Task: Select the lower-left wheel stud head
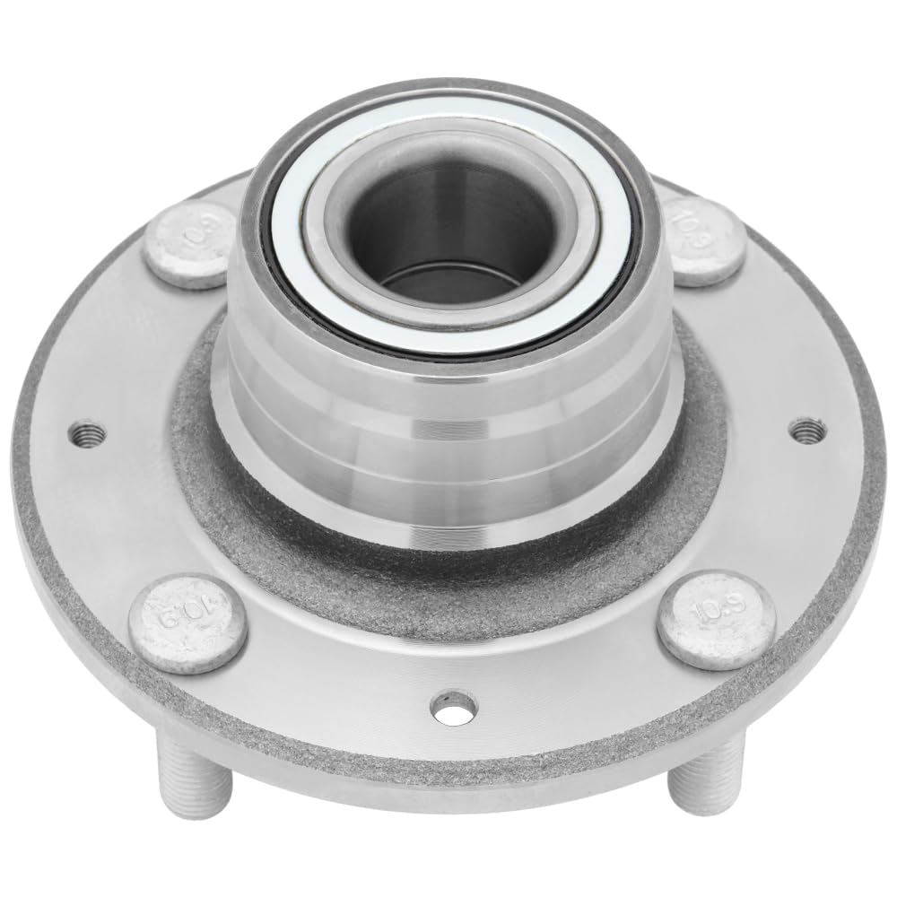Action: [x=187, y=623]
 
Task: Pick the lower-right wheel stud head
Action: [x=716, y=619]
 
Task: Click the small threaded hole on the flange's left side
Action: [x=88, y=434]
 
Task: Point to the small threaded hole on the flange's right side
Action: [x=809, y=430]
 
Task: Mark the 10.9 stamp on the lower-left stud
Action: [x=184, y=617]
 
